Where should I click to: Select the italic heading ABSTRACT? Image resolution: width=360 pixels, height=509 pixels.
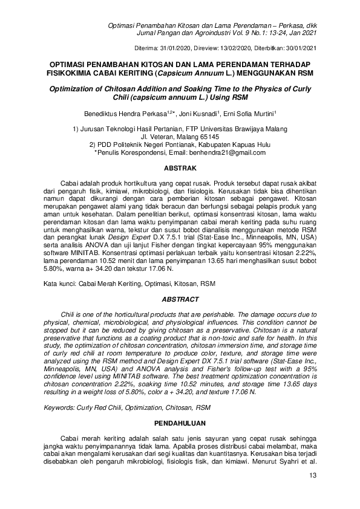pyautogui.click(x=180, y=299)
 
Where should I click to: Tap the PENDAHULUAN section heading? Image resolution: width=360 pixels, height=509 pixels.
pyautogui.click(x=180, y=423)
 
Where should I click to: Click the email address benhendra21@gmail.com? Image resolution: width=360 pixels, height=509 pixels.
pyautogui.click(x=232, y=153)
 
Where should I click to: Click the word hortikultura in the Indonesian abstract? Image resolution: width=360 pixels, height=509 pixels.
pyautogui.click(x=128, y=183)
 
